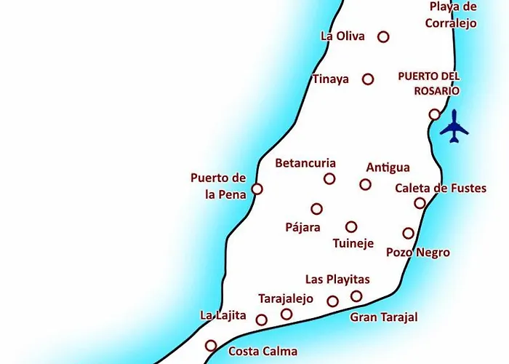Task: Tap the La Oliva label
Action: [342, 36]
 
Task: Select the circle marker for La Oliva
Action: [383, 36]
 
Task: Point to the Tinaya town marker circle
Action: [368, 79]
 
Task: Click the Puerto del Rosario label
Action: [429, 84]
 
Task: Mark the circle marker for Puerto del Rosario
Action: [434, 114]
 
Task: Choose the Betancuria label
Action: [305, 163]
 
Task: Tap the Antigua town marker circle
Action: [365, 184]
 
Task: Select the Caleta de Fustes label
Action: [441, 189]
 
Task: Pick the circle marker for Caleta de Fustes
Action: [420, 203]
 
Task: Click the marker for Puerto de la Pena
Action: [257, 189]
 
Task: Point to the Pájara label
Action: [302, 227]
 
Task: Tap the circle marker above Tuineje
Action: [351, 226]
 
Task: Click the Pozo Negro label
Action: [418, 253]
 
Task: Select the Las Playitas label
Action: [337, 280]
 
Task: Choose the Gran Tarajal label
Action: [384, 317]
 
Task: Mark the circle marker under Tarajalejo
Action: [286, 314]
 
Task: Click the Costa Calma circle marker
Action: [211, 346]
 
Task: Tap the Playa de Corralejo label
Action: [453, 15]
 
